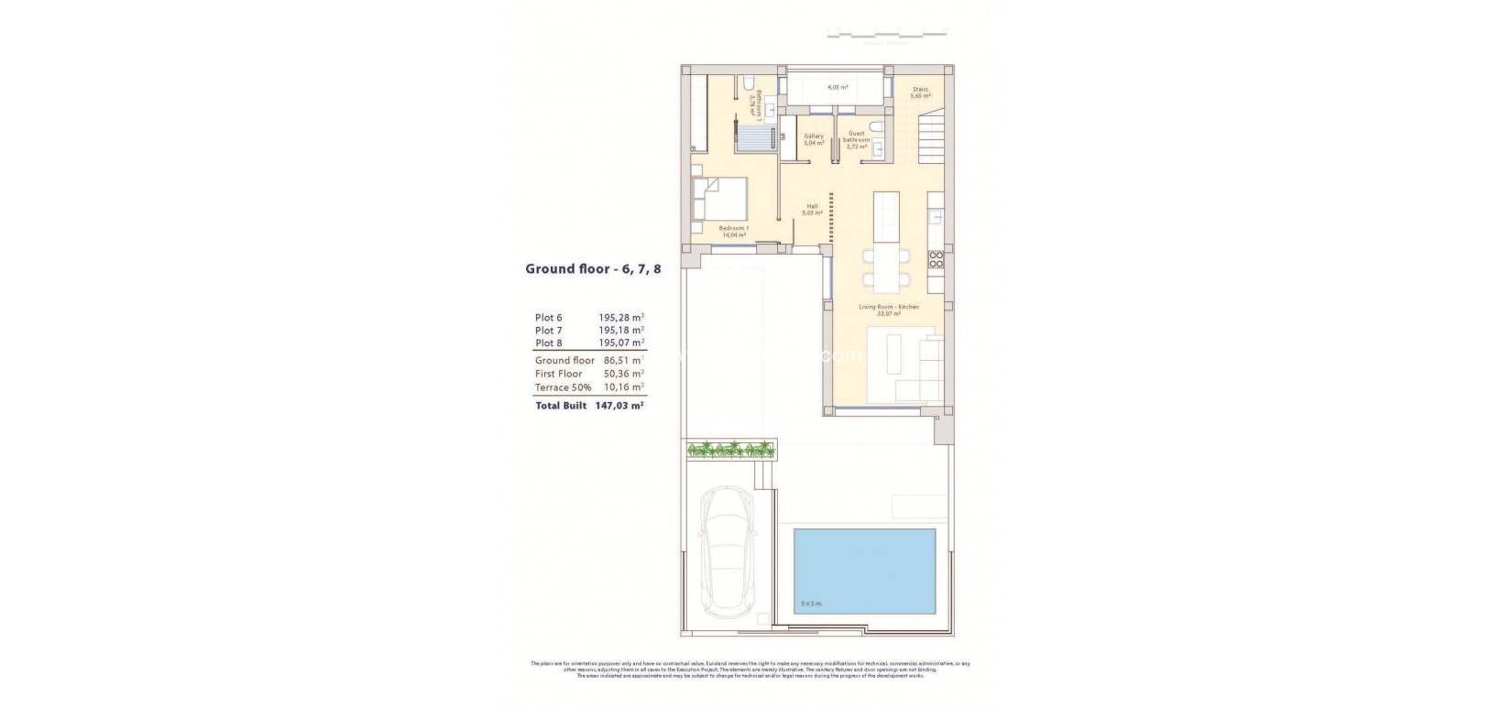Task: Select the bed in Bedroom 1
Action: tap(720, 200)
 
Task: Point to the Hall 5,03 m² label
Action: tap(812, 209)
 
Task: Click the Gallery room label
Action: tap(814, 139)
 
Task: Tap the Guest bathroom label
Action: tap(857, 139)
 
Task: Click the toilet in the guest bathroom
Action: tap(875, 126)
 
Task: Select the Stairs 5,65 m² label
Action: tap(920, 93)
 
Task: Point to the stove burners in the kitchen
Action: tap(937, 259)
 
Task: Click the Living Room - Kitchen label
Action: tap(888, 310)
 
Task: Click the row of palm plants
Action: tap(730, 449)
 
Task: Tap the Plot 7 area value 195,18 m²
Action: tap(615, 330)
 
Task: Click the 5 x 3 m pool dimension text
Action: tap(810, 604)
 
